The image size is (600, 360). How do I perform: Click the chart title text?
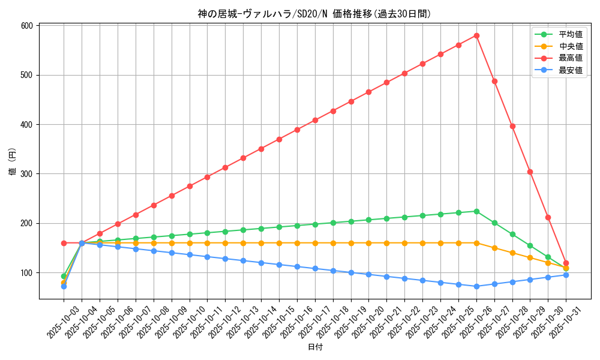coord(314,14)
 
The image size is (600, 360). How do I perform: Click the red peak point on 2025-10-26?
coord(476,35)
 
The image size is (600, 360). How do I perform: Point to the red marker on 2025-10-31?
coord(566,263)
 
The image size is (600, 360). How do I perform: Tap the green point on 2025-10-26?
coord(476,211)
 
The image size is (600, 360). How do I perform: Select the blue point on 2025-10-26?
coord(476,286)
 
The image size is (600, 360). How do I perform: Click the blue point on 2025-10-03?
coord(64,286)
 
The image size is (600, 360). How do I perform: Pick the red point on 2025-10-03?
coord(64,243)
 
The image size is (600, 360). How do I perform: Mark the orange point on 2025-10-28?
coord(512,253)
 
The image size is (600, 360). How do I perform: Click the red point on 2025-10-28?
coord(512,126)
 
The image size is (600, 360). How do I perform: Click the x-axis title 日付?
coord(315,347)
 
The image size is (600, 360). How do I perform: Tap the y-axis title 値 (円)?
coord(13,162)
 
